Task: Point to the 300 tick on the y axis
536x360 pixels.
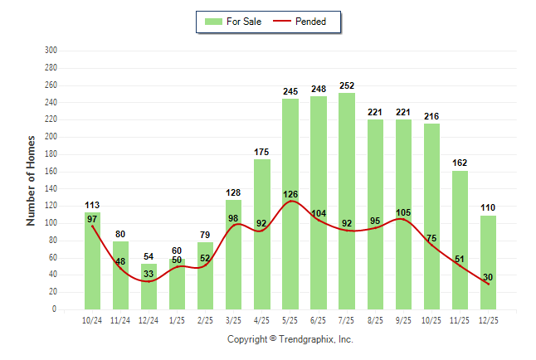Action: coord(51,51)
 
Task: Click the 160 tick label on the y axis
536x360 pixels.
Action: coord(51,172)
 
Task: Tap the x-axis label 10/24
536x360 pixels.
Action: coord(92,320)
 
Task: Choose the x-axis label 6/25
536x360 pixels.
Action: coord(319,320)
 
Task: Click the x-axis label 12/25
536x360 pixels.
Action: coord(488,320)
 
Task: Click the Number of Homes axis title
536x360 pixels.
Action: coord(32,180)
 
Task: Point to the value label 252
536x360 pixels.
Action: coord(347,85)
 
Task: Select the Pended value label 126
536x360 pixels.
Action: coord(290,196)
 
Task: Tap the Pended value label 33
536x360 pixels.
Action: coord(149,275)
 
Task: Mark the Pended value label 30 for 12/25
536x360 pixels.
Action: coord(488,277)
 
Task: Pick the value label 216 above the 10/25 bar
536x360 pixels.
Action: coord(431,117)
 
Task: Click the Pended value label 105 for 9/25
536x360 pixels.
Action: coord(403,213)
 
